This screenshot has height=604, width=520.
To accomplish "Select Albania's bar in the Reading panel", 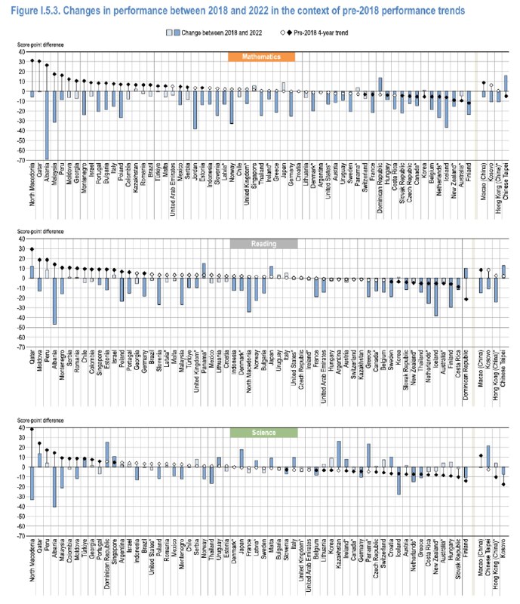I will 54,301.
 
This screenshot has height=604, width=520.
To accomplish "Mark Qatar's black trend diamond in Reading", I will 32,249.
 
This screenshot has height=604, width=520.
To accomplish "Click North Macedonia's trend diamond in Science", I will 32,430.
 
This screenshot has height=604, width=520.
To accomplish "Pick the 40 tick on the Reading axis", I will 23,239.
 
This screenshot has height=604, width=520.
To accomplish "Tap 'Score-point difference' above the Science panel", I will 42,421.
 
